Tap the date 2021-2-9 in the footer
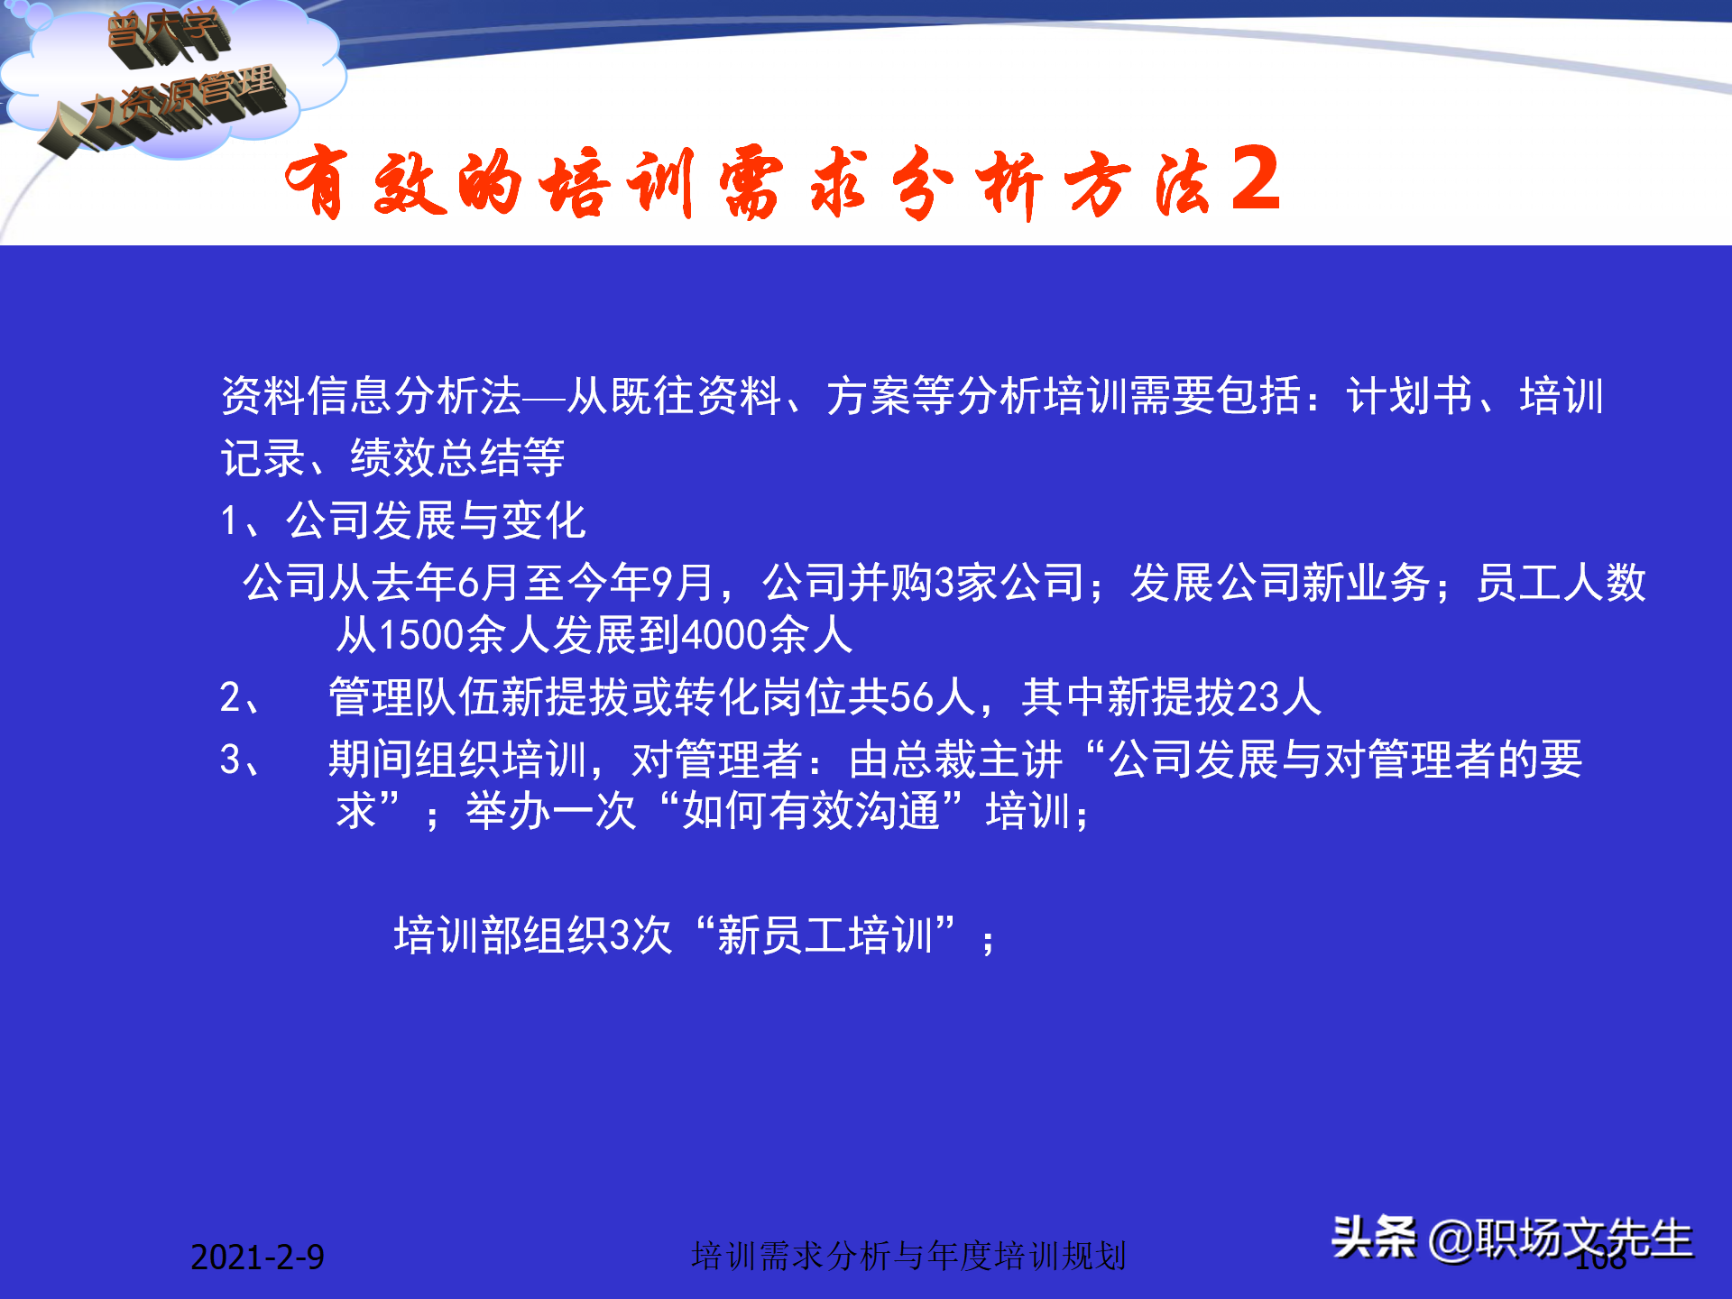[257, 1257]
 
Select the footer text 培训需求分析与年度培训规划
[908, 1256]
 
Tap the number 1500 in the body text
[421, 634]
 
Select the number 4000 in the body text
[724, 634]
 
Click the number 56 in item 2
[911, 697]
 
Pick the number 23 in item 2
[1258, 697]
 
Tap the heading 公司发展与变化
[436, 521]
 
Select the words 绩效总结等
[457, 457]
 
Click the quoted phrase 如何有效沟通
[811, 810]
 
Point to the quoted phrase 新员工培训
[825, 935]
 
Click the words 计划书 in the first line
[1410, 396]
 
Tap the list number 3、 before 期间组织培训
[241, 760]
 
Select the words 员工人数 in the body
[1561, 582]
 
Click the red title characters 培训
[613, 183]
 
